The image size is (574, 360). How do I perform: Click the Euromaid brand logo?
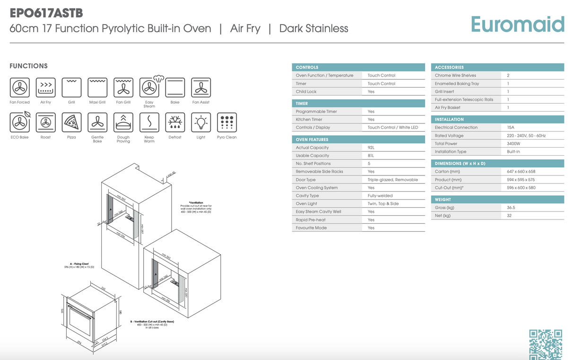click(x=517, y=24)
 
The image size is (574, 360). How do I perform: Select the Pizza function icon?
click(x=71, y=123)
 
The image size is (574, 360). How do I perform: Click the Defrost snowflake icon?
click(x=175, y=123)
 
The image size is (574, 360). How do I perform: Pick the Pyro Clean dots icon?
click(x=226, y=123)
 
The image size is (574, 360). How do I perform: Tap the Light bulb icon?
click(x=201, y=123)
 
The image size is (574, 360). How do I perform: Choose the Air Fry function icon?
click(x=46, y=88)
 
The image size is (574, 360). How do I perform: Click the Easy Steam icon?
click(x=150, y=87)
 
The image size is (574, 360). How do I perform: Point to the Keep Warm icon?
click(x=149, y=123)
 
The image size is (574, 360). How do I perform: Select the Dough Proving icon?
click(x=123, y=123)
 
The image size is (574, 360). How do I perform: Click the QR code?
click(x=545, y=343)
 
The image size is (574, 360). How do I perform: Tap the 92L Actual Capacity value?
click(x=371, y=148)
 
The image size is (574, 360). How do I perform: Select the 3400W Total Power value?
click(x=513, y=144)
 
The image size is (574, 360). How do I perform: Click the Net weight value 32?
click(x=509, y=216)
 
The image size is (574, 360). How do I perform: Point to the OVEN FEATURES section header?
click(x=312, y=140)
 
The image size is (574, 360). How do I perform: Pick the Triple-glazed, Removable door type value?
click(x=392, y=180)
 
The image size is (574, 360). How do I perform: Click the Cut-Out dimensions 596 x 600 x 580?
click(x=521, y=188)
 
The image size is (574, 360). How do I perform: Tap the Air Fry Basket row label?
click(x=447, y=108)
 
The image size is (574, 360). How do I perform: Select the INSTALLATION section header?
click(x=449, y=120)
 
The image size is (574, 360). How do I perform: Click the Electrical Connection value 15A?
click(x=510, y=128)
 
